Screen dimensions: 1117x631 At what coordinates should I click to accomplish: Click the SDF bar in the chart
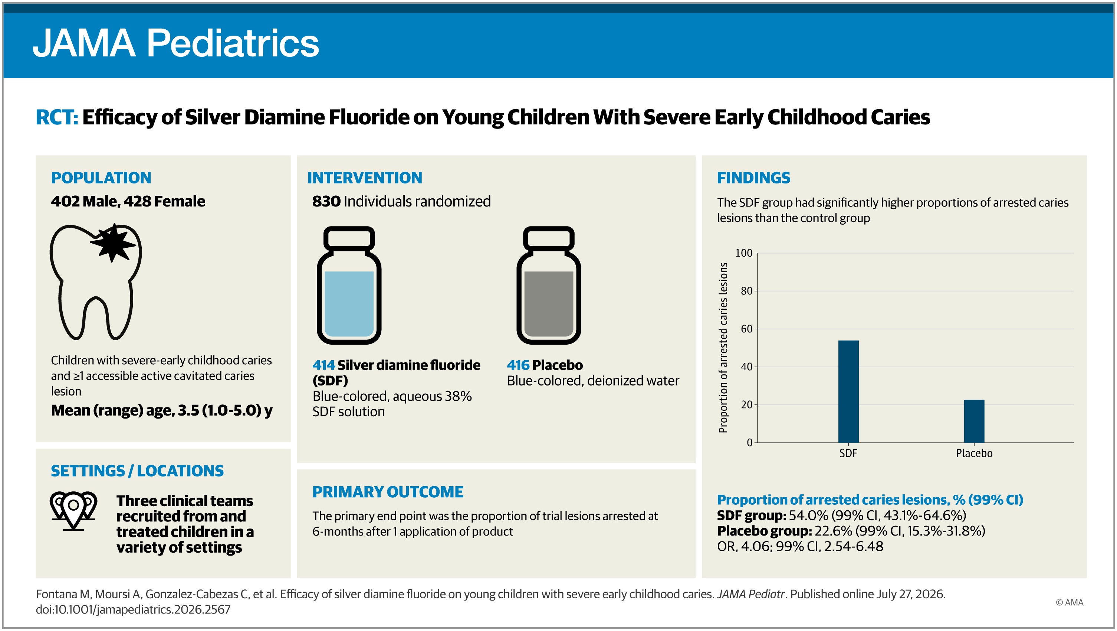pyautogui.click(x=848, y=391)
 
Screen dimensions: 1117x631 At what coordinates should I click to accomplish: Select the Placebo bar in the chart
pyautogui.click(x=974, y=421)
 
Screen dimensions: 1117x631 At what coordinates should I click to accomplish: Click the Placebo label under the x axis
pyautogui.click(x=974, y=453)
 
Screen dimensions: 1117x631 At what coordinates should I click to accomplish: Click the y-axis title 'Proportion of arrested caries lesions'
pyautogui.click(x=723, y=348)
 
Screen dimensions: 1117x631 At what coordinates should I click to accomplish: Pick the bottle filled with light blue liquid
pyautogui.click(x=349, y=285)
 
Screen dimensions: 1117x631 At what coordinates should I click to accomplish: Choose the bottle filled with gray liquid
pyautogui.click(x=549, y=285)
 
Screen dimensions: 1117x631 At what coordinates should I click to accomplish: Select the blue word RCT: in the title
pyautogui.click(x=57, y=117)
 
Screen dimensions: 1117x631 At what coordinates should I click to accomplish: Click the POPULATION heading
pyautogui.click(x=101, y=178)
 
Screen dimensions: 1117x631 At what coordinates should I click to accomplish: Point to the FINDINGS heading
pyautogui.click(x=753, y=178)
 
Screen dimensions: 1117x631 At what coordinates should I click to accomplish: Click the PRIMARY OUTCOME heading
pyautogui.click(x=388, y=492)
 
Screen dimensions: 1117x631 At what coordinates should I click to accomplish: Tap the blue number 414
pyautogui.click(x=323, y=365)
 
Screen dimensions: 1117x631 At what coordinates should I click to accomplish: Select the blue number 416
pyautogui.click(x=518, y=365)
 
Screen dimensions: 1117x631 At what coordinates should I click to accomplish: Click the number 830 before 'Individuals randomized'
pyautogui.click(x=326, y=201)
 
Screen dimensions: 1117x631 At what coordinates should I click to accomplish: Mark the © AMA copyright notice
pyautogui.click(x=1069, y=602)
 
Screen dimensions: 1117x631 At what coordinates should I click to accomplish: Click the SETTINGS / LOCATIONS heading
pyautogui.click(x=137, y=471)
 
